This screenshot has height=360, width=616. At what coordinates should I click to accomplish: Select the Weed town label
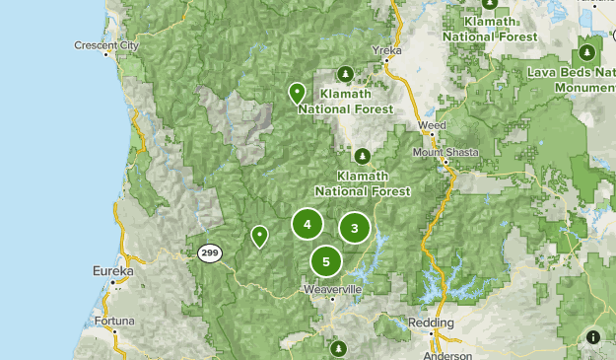431,126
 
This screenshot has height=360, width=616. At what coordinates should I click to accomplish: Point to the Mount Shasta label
445,153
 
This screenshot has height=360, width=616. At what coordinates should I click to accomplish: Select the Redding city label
432,323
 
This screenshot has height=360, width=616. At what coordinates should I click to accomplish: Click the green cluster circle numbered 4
308,225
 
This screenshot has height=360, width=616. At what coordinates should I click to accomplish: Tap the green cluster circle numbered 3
355,229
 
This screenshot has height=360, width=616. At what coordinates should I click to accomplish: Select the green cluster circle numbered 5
326,261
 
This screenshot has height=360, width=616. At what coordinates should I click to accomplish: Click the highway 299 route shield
208,252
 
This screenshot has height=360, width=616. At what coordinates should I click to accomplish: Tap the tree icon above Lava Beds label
587,51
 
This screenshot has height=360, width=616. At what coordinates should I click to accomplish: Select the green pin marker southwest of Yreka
297,93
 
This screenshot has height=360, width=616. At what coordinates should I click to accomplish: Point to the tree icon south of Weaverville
338,347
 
